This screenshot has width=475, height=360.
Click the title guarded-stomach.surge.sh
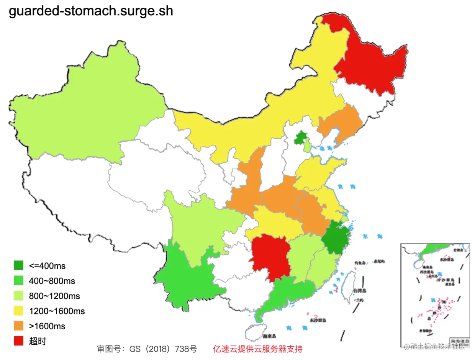(91, 11)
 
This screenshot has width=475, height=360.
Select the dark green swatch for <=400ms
(18, 265)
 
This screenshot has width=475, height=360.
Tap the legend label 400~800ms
(52, 281)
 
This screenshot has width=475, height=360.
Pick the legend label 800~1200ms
(54, 296)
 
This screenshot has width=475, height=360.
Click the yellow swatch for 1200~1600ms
(18, 311)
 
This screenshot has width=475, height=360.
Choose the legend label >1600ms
(47, 326)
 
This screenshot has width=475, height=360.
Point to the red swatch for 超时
(18, 341)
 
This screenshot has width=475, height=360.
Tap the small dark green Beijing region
(301, 138)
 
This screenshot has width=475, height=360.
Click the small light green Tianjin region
(307, 146)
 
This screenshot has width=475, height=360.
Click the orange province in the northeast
(339, 123)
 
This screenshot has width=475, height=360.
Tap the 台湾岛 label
(359, 290)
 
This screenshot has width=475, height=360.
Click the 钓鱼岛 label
(360, 263)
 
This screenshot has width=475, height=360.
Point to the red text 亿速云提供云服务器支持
(257, 349)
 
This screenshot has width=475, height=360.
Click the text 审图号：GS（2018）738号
(147, 349)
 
